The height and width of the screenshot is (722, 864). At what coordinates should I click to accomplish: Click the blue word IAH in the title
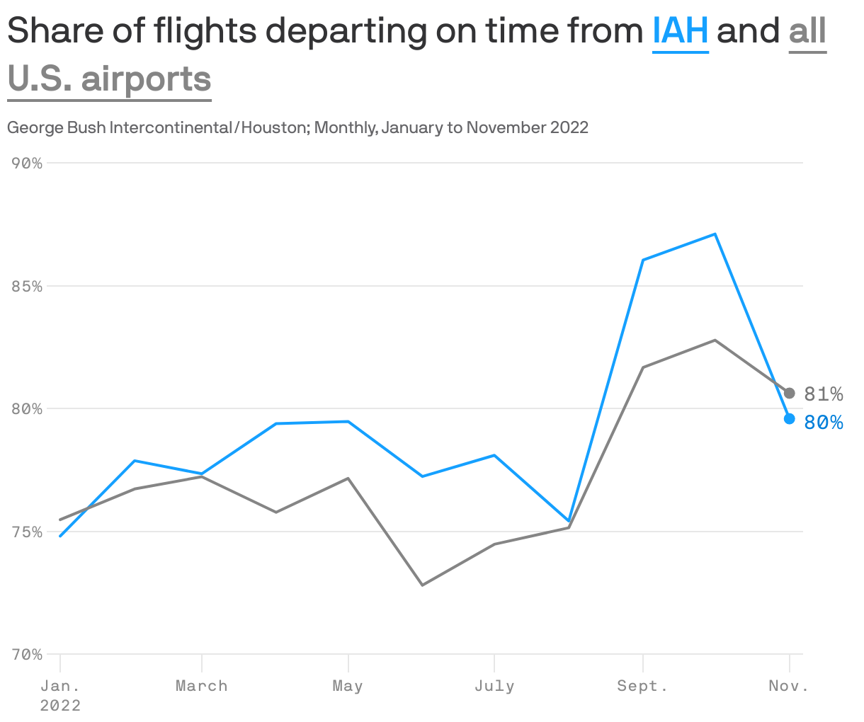(680, 31)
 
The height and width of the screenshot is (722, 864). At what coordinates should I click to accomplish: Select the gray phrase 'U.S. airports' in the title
(110, 79)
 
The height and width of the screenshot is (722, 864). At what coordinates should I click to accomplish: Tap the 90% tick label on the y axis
(28, 164)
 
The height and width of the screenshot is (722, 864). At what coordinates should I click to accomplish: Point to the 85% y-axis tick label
(28, 287)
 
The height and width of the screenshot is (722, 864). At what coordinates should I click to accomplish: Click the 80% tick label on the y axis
(28, 409)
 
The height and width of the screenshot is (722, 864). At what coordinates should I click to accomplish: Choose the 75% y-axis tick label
(28, 532)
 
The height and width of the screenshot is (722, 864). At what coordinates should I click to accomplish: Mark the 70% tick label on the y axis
(28, 655)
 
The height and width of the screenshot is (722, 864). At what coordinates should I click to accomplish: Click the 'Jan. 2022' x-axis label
(60, 695)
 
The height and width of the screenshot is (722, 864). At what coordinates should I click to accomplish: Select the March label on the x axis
(202, 686)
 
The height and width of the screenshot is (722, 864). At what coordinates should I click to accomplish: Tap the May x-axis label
(348, 686)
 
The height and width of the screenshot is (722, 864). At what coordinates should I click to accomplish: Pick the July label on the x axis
(494, 686)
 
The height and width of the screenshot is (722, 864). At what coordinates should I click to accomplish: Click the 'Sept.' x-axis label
(642, 686)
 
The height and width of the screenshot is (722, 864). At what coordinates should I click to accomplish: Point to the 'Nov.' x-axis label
(789, 686)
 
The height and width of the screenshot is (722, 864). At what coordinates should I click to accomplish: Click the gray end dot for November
(790, 393)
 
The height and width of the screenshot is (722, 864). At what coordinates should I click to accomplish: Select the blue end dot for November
(790, 419)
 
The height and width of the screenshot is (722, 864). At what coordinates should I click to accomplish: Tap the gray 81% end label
(824, 394)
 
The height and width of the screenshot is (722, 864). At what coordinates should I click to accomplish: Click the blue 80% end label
(824, 423)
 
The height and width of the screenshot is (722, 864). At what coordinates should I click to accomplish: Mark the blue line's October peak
(715, 234)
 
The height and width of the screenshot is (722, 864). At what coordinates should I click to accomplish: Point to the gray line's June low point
(422, 585)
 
